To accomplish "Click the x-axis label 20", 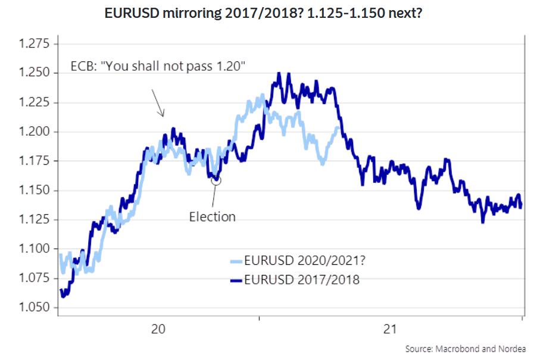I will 158,329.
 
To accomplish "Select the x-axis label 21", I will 389,329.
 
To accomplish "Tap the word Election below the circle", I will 212,217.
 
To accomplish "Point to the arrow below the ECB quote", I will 158,102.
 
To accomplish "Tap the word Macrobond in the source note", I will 457,349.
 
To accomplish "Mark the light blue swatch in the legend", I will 237,260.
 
